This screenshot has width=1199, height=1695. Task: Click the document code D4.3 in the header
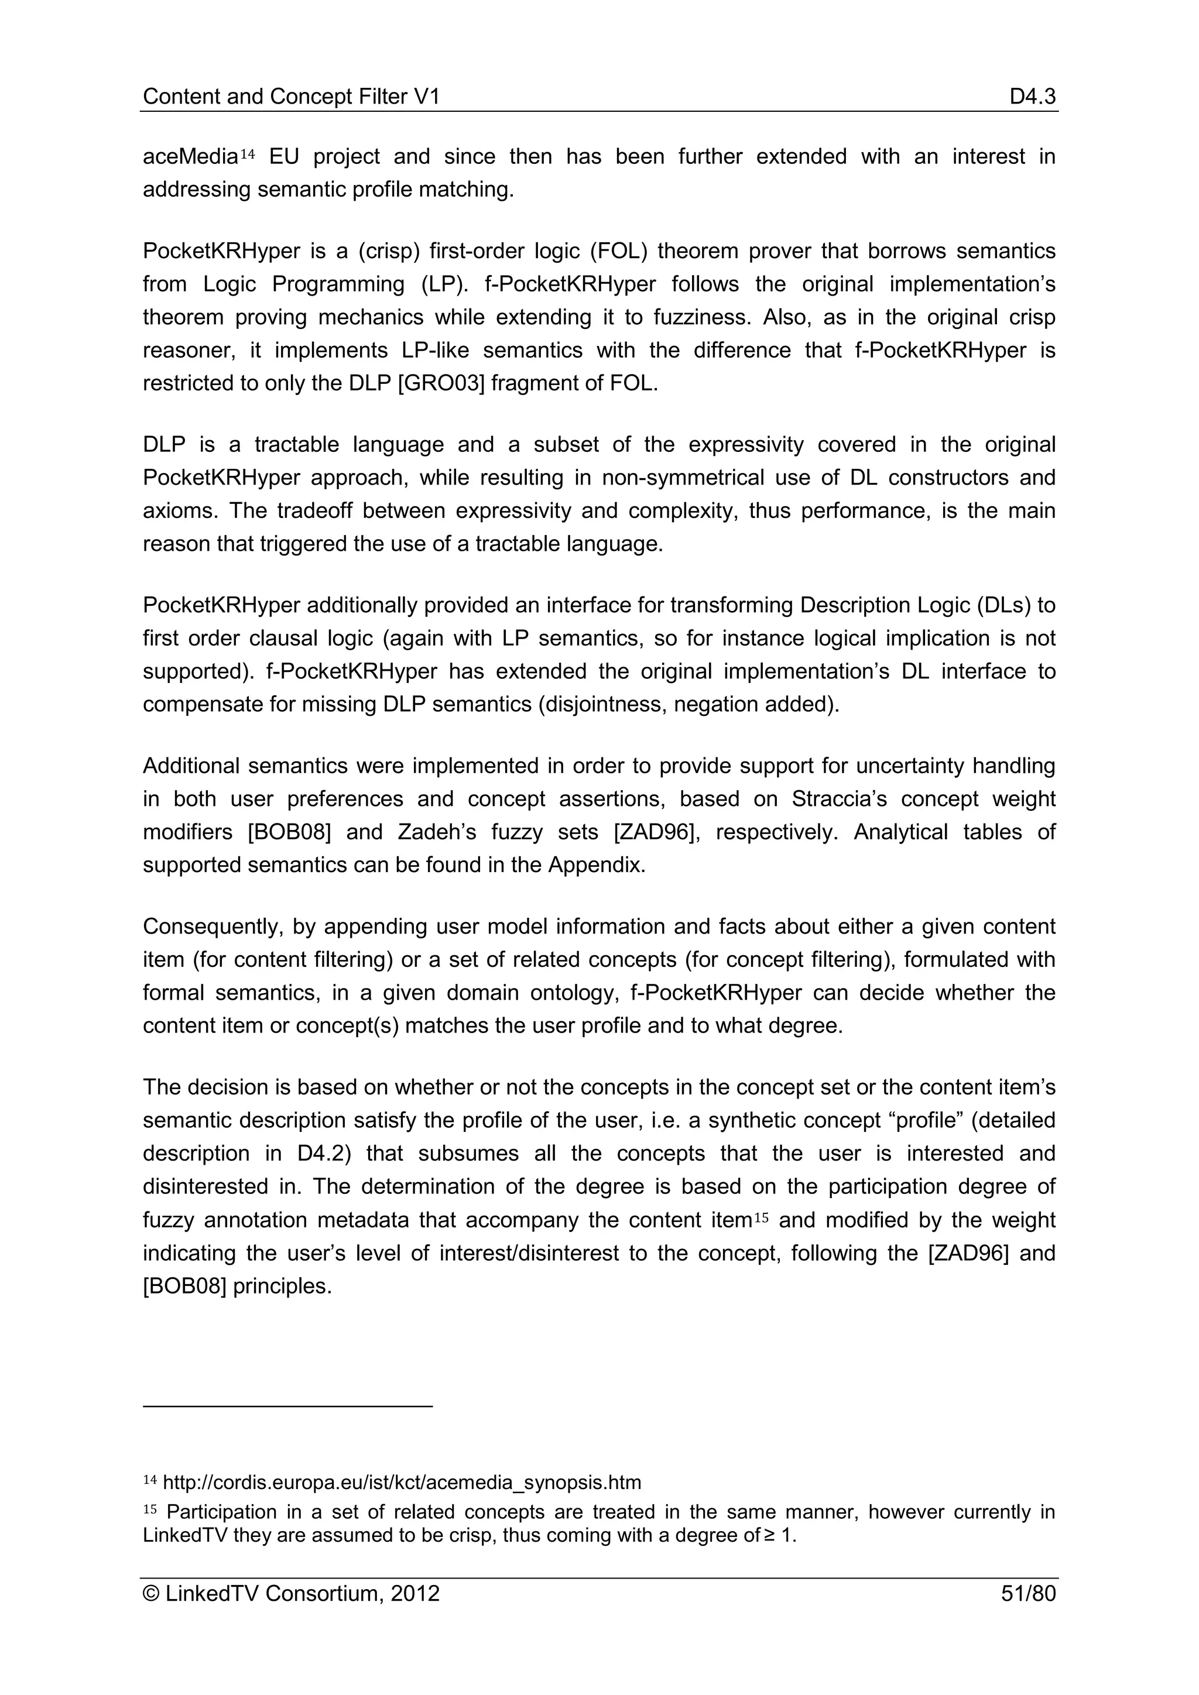pyautogui.click(x=1032, y=96)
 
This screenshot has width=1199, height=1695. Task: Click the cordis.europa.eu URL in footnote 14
pyautogui.click(x=402, y=1481)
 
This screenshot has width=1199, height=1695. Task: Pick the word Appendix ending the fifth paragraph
pyautogui.click(x=597, y=864)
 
